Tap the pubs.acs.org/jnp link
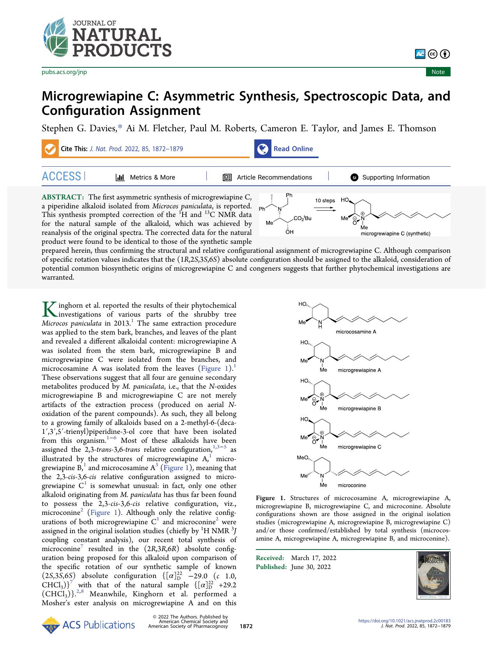64,72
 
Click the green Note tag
438,72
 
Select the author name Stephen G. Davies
79,128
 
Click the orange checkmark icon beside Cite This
50,149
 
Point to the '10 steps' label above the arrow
325,201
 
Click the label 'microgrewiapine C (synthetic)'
395,234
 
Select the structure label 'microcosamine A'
356,332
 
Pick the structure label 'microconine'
352,485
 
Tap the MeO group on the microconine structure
303,458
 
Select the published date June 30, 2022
311,567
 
